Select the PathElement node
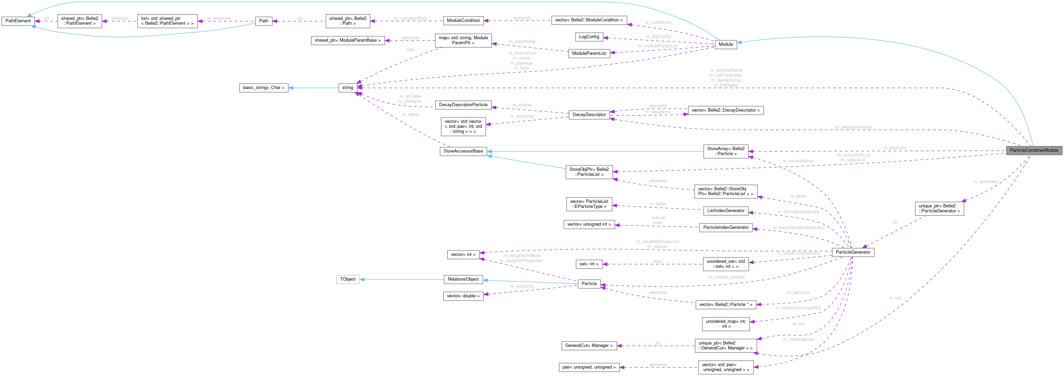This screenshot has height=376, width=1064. click(x=18, y=21)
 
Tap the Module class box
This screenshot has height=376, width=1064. click(x=725, y=44)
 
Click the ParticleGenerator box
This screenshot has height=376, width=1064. click(x=853, y=252)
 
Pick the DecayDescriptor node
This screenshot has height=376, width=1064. click(x=589, y=115)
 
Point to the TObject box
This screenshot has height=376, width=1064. click(x=347, y=279)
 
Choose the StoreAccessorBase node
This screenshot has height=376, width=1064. click(x=463, y=151)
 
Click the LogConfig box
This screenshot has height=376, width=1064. click(x=589, y=37)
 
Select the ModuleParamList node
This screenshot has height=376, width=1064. click(x=589, y=53)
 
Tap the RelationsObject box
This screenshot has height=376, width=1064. click(x=463, y=279)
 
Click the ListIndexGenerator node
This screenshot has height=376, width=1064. click(x=725, y=211)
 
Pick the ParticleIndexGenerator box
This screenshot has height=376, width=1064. click(x=725, y=228)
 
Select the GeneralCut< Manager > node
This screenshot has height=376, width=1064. click(x=589, y=346)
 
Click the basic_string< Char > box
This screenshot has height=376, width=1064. click(x=264, y=88)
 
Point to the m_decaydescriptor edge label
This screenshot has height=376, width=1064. click(x=853, y=127)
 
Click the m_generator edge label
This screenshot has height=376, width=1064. click(x=985, y=182)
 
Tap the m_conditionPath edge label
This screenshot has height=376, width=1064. click(x=410, y=18)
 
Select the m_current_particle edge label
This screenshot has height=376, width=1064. click(x=726, y=277)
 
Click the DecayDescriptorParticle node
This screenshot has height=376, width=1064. click(x=463, y=105)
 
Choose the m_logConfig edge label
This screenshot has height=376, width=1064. click(x=658, y=36)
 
